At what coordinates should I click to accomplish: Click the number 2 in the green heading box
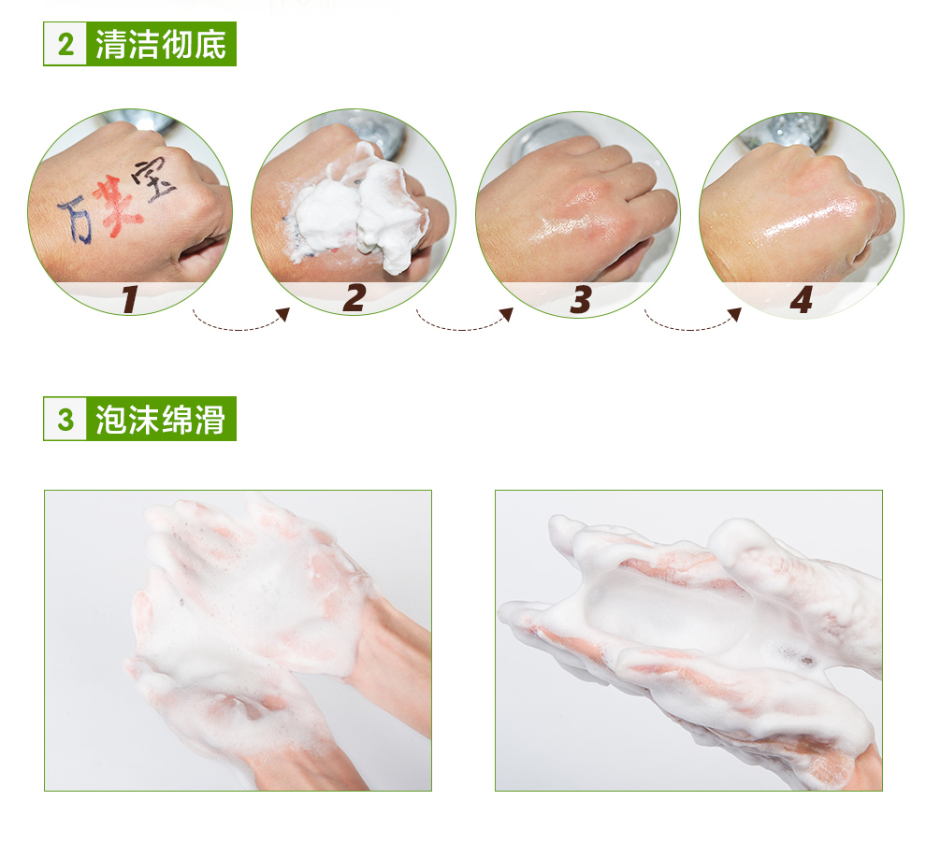tap(66, 44)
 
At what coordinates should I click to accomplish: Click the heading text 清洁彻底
tap(161, 44)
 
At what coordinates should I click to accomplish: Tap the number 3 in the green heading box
tap(65, 420)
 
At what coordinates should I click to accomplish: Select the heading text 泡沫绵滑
tap(161, 420)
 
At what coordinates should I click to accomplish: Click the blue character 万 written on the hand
tap(76, 220)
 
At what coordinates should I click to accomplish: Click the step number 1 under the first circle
tap(130, 299)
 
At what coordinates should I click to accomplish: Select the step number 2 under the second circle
tap(354, 298)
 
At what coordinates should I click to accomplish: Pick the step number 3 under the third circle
tap(581, 299)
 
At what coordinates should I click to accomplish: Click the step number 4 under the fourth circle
tap(802, 300)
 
